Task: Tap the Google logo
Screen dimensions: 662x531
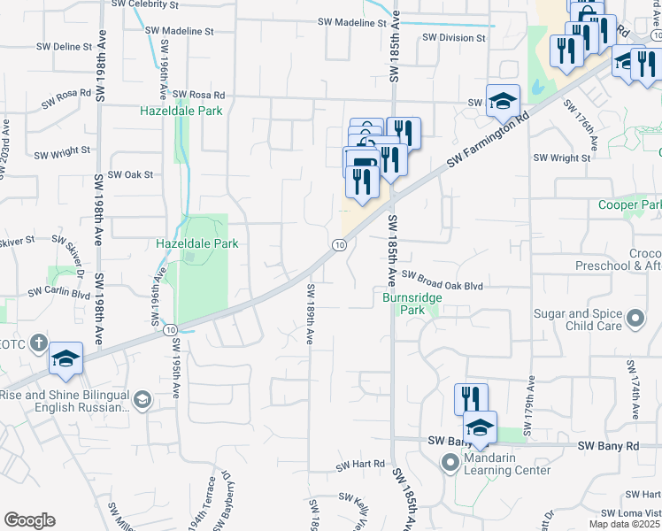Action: click(x=29, y=520)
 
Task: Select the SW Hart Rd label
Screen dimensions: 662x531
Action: click(x=360, y=464)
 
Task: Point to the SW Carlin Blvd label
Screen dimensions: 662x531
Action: click(x=58, y=291)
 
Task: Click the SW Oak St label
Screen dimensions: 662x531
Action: click(x=130, y=174)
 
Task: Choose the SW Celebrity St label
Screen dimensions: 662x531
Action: click(x=145, y=4)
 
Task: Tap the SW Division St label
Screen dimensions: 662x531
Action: click(x=453, y=38)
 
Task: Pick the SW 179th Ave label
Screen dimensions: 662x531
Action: click(x=529, y=407)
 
